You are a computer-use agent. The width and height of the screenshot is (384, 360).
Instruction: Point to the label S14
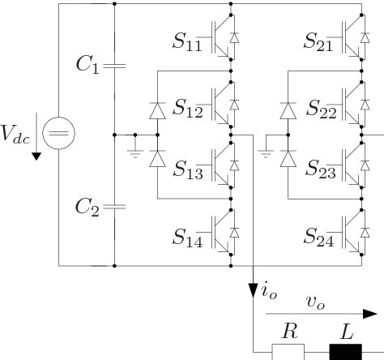[x=190, y=237]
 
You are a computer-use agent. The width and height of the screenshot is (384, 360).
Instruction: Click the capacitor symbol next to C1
[x=115, y=62]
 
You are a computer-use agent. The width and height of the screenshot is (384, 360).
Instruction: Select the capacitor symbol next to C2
[x=115, y=207]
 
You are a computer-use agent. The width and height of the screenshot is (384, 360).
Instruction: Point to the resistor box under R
[x=288, y=350]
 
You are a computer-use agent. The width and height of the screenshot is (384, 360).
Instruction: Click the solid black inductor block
[x=345, y=350]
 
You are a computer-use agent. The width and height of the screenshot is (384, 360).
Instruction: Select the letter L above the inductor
[x=346, y=331]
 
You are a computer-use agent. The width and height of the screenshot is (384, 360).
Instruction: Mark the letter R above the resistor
[x=288, y=331]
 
